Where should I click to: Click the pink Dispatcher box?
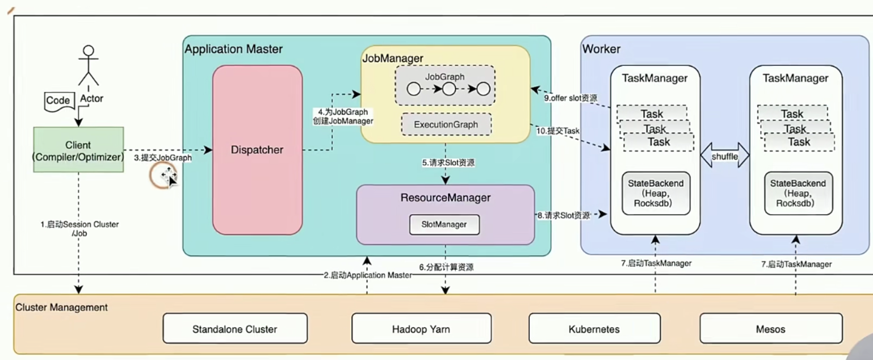click(257, 150)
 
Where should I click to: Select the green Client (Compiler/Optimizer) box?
click(78, 151)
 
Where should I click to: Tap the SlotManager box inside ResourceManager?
click(444, 224)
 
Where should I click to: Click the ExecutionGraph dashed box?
click(446, 124)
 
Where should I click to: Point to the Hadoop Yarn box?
click(421, 329)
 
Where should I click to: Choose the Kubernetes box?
click(594, 329)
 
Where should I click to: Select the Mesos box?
click(770, 329)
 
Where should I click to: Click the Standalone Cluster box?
click(234, 329)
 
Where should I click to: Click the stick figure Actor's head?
click(87, 51)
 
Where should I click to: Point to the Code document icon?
click(58, 101)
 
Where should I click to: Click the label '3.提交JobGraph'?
click(162, 158)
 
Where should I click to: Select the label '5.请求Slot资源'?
click(448, 163)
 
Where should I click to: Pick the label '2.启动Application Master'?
click(367, 275)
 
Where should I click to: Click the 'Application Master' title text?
click(233, 49)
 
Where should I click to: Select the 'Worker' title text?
click(601, 49)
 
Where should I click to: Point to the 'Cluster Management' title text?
click(61, 308)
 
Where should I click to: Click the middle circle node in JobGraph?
click(449, 89)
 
